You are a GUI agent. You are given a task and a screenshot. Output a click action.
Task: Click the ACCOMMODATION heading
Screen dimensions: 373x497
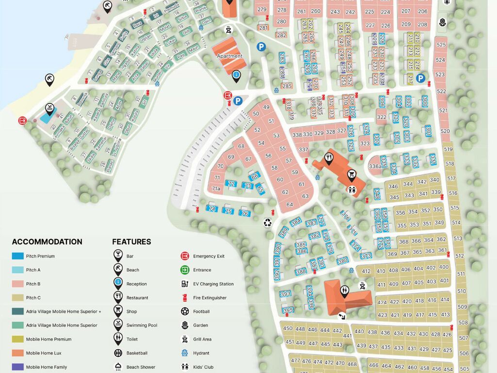click(x=47, y=242)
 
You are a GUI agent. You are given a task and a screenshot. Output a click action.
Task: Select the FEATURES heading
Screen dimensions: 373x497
click(x=132, y=242)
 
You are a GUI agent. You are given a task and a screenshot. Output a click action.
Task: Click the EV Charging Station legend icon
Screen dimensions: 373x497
click(x=185, y=284)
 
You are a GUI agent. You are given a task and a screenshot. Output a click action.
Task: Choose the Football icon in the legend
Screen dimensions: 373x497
click(x=185, y=311)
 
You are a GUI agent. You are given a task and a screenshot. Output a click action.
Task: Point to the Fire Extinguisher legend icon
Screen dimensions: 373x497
click(x=185, y=298)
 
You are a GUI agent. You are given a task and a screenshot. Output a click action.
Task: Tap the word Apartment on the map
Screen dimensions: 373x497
click(x=230, y=56)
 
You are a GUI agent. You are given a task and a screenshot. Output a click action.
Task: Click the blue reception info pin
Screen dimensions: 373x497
click(x=236, y=75)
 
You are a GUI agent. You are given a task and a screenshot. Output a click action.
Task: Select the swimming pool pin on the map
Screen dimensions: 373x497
click(x=50, y=108)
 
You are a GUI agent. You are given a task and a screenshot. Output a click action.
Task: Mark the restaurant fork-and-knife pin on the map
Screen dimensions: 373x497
click(x=329, y=157)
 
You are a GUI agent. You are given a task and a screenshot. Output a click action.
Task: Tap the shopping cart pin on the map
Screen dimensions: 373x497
click(x=351, y=174)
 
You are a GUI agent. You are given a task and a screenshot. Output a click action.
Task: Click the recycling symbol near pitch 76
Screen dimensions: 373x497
click(x=268, y=222)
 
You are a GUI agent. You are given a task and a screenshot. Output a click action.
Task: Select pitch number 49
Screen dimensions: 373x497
click(x=266, y=107)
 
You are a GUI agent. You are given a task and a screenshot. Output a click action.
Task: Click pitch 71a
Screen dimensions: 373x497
click(x=216, y=188)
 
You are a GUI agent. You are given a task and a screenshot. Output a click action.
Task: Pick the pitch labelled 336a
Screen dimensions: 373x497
click(x=375, y=166)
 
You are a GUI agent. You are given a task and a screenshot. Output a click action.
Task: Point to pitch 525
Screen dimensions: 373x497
click(x=441, y=45)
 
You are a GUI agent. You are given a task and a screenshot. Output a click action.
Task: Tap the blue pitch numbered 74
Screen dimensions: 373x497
click(x=212, y=208)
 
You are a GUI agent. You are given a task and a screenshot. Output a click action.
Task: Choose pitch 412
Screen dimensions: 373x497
click(x=366, y=271)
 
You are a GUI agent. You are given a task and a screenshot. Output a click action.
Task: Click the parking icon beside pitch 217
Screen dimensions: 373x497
click(x=420, y=78)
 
